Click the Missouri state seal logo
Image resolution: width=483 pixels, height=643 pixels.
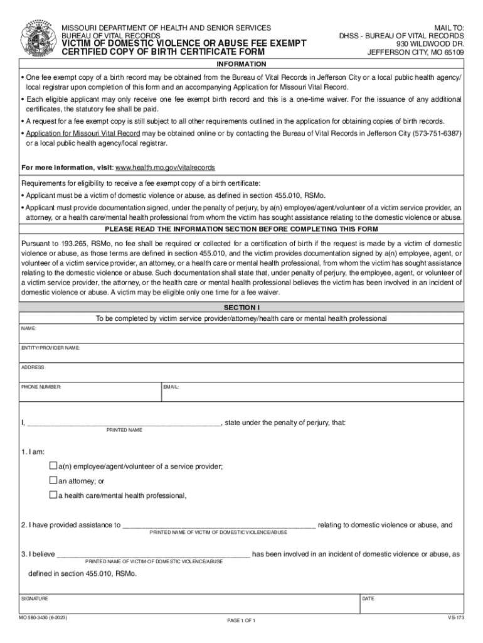(x=37, y=39)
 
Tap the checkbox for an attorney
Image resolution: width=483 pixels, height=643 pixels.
(x=53, y=480)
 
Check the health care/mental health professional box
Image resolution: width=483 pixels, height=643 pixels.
(x=53, y=495)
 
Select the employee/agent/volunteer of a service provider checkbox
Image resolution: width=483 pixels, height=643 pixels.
(x=53, y=466)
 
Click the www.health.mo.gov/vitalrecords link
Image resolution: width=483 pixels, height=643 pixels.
(x=166, y=168)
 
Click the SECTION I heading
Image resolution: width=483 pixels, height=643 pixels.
(x=242, y=307)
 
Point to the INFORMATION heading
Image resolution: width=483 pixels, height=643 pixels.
(x=242, y=64)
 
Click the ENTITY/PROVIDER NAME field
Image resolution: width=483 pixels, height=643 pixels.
(x=242, y=354)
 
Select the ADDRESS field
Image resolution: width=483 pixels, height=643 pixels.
(x=242, y=373)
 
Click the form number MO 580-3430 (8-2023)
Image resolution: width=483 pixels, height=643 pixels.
(x=44, y=618)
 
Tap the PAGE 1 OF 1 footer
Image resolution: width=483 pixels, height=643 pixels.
(x=241, y=620)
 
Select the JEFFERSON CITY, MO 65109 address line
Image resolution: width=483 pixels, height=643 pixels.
(x=415, y=52)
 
